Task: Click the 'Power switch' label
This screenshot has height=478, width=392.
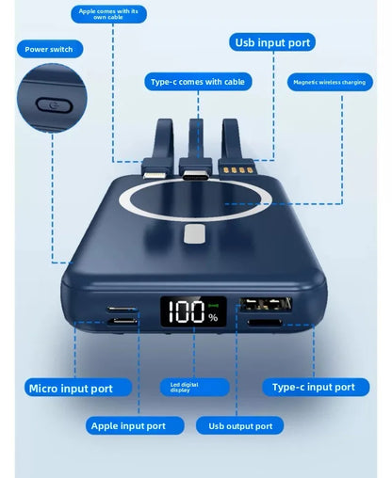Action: [50, 49]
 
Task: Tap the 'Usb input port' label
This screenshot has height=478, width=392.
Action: [272, 42]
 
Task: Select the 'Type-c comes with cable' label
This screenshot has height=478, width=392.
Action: [198, 82]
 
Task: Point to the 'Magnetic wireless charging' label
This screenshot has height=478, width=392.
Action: [330, 82]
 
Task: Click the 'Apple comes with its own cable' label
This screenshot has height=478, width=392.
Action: [108, 14]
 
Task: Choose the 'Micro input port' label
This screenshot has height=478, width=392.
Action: [78, 388]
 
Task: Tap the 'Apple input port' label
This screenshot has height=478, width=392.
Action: [135, 425]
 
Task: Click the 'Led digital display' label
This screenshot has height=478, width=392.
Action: [195, 387]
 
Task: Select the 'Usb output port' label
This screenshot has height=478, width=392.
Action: [239, 425]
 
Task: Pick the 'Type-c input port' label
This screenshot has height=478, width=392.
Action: [316, 387]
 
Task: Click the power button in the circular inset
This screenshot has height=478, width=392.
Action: [54, 105]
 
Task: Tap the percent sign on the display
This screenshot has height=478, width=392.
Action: [213, 317]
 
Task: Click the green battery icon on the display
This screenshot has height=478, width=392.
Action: [213, 305]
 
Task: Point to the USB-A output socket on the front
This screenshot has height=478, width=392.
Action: [266, 304]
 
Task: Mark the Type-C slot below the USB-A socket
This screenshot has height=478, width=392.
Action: [265, 323]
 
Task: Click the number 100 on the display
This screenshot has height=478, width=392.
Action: [186, 311]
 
